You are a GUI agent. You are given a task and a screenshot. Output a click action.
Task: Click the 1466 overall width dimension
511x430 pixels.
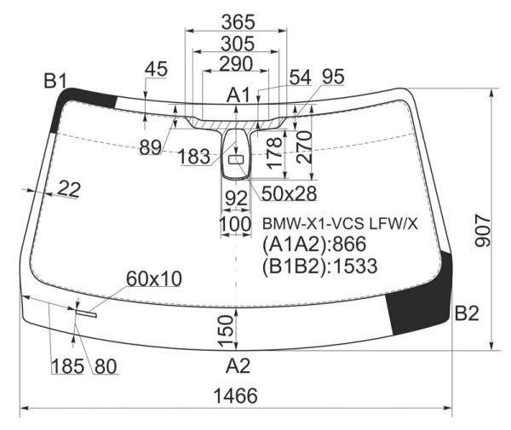click(x=235, y=396)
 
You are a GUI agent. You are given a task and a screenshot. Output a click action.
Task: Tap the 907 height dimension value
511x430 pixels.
click(x=483, y=230)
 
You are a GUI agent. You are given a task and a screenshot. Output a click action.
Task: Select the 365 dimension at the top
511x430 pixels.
click(x=238, y=22)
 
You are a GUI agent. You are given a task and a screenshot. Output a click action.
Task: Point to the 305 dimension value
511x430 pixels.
click(x=238, y=43)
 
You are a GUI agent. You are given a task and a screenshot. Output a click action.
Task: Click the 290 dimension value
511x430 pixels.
click(x=236, y=64)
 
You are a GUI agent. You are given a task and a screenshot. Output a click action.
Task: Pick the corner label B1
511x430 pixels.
click(x=55, y=81)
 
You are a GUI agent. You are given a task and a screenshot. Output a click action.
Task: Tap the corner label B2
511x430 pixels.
click(x=467, y=313)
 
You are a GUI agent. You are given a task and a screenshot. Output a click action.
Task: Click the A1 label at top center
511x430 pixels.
click(x=238, y=95)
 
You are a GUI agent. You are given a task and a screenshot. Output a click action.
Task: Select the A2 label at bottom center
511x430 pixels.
click(x=238, y=365)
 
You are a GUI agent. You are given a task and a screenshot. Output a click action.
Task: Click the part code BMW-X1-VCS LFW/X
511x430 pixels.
click(x=340, y=224)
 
